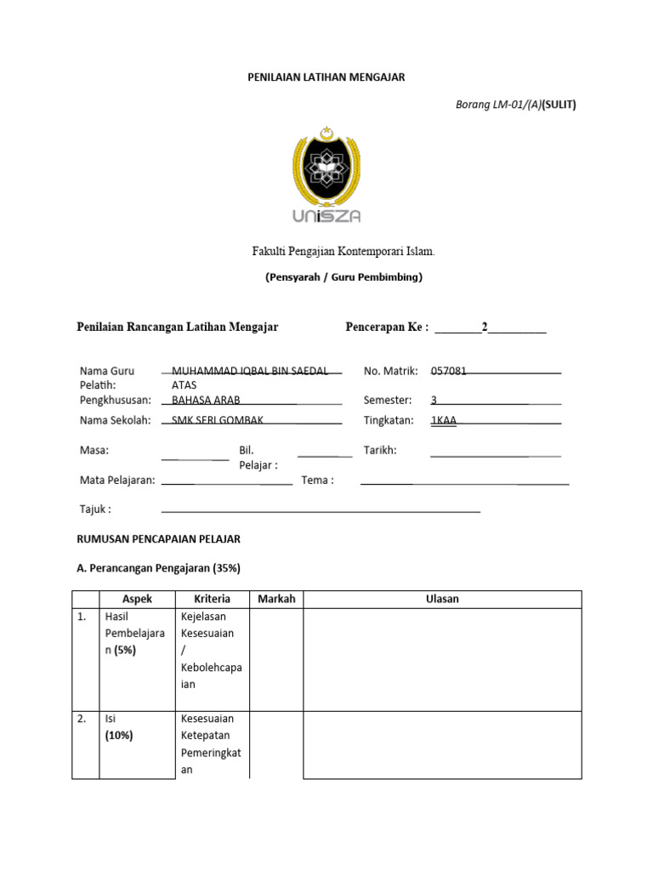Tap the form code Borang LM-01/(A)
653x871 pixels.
498,105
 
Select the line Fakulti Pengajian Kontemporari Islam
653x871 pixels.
343,252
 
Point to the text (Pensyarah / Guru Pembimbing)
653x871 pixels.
343,276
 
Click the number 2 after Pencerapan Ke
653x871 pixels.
485,327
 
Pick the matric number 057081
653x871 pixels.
449,371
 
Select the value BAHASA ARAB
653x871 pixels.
206,400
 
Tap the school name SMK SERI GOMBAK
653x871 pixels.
218,420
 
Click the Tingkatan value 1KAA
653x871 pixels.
444,420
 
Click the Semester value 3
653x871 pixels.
434,400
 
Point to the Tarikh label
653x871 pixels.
380,450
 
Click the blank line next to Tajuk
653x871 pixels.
321,510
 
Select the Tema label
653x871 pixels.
317,480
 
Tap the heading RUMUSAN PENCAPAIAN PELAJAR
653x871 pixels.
159,539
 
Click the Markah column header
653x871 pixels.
276,599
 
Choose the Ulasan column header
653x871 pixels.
442,599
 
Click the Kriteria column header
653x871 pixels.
212,599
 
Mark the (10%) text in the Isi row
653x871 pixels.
119,736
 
